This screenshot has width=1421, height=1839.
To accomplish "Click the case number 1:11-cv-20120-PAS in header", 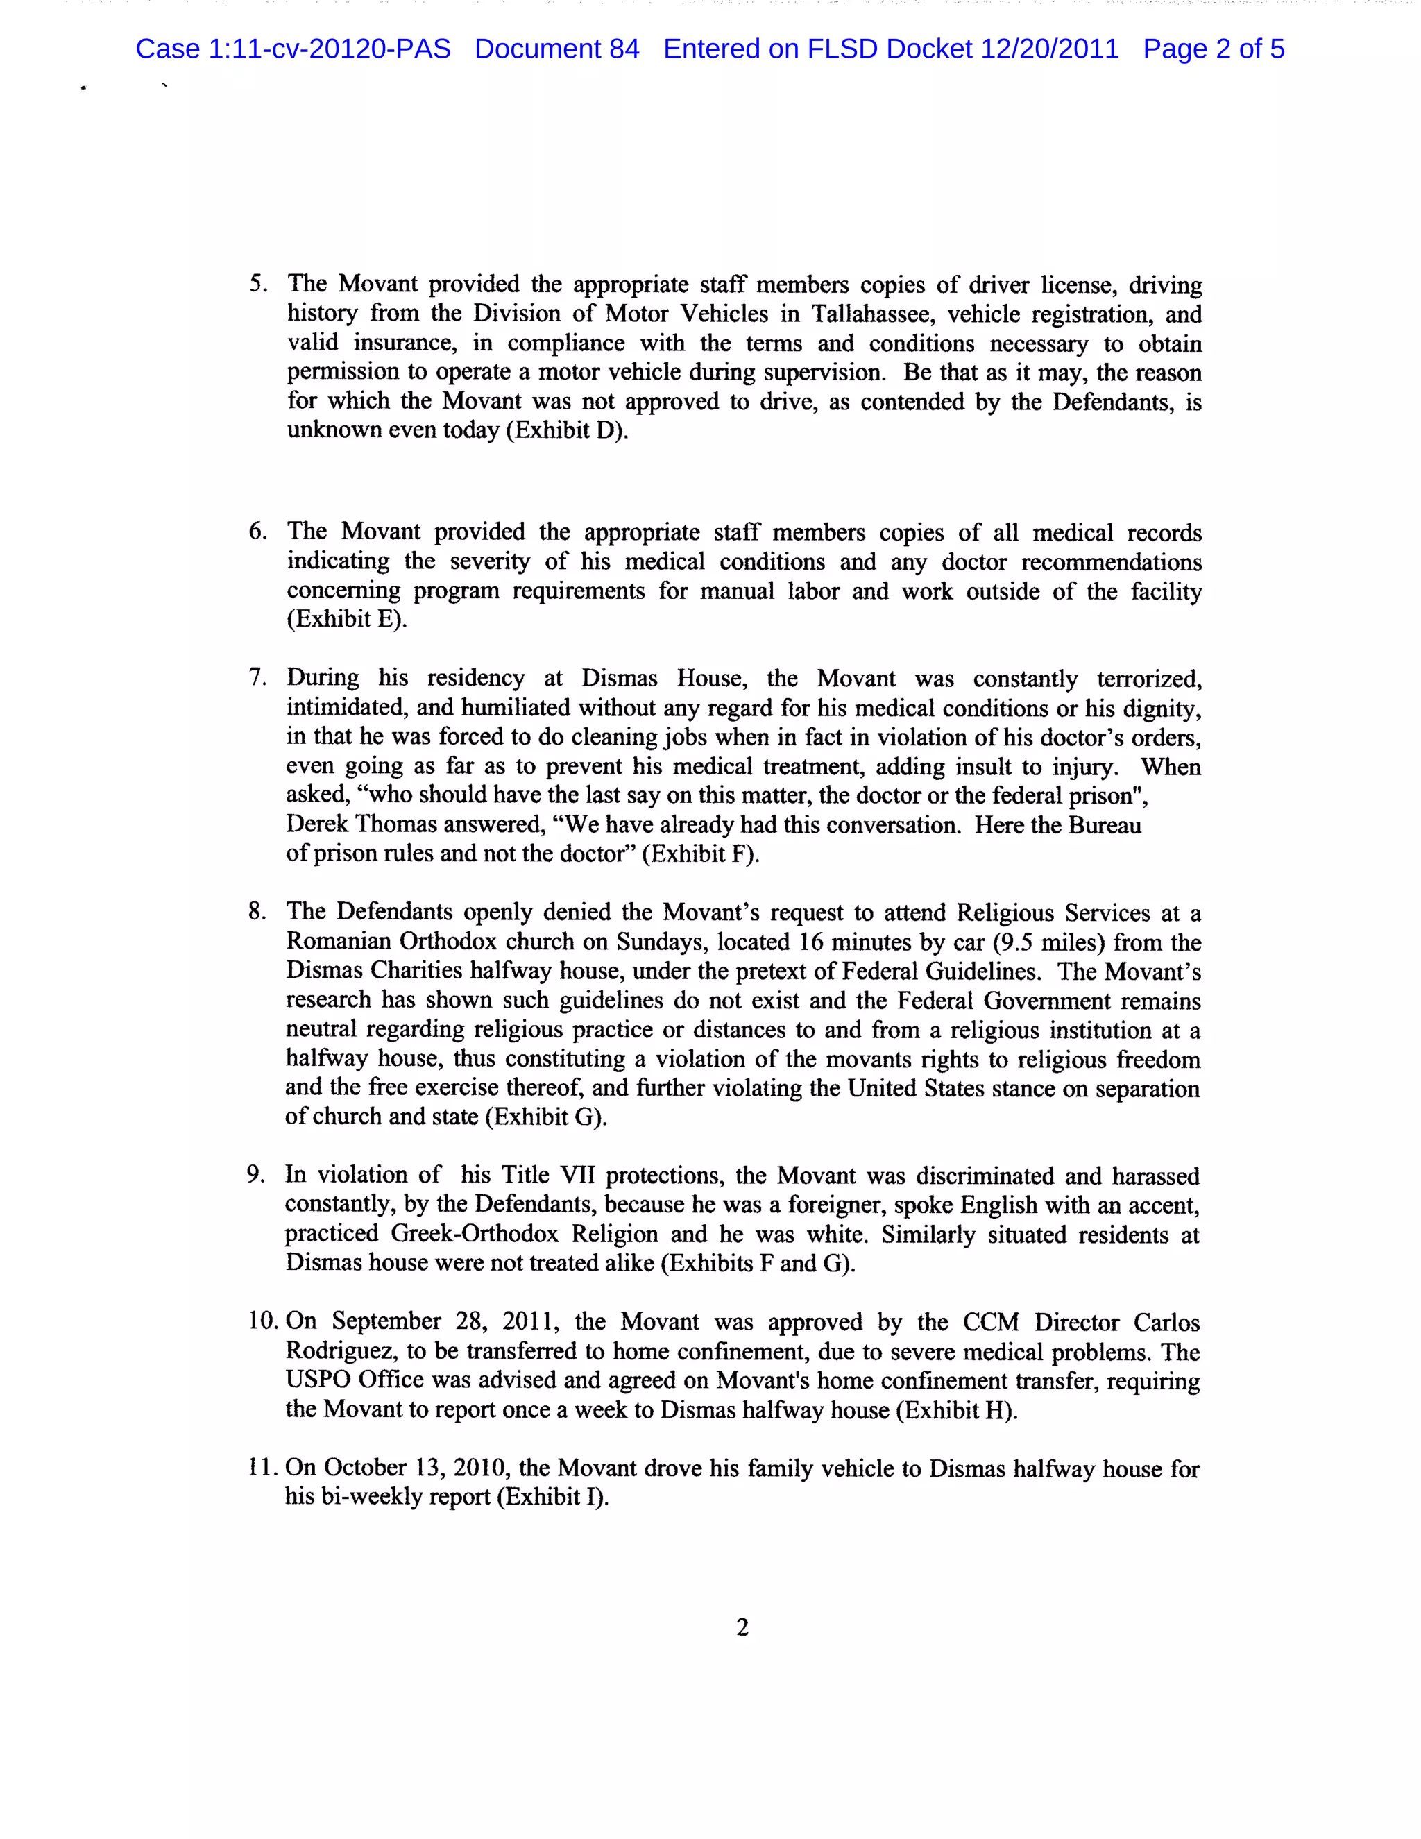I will (328, 49).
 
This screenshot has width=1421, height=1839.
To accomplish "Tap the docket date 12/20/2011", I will (1049, 49).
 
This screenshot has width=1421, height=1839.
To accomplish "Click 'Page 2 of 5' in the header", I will (1213, 49).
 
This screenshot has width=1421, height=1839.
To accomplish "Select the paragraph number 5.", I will (257, 284).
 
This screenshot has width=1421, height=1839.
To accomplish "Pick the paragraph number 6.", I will (257, 532).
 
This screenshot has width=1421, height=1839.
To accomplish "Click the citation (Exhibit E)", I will (347, 619).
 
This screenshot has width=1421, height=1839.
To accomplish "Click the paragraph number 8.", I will (257, 911).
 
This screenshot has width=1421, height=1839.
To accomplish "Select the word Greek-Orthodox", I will (474, 1234).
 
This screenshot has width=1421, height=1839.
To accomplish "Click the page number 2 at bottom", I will (742, 1627).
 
